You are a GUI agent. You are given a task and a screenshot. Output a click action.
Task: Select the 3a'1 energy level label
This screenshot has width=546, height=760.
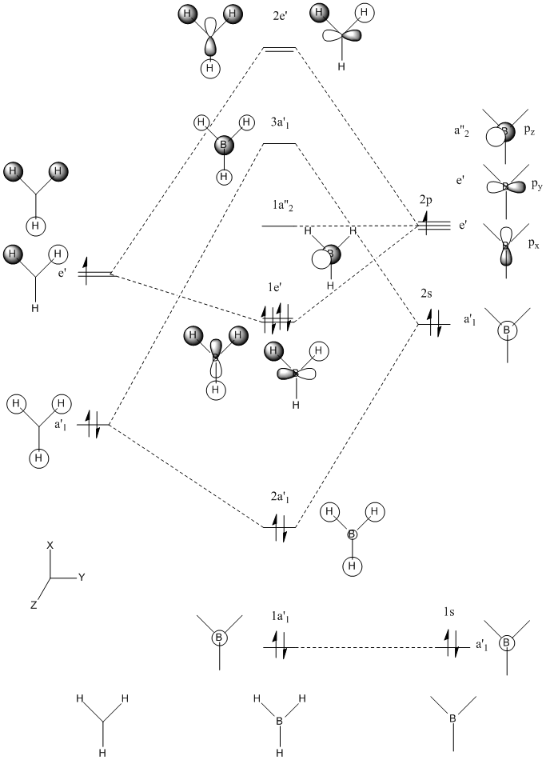click(281, 122)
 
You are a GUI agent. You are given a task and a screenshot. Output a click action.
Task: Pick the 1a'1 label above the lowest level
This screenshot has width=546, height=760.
click(280, 618)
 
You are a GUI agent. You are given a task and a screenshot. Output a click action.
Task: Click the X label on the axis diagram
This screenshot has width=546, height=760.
click(50, 545)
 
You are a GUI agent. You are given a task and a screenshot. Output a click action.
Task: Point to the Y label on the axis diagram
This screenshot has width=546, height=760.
click(82, 576)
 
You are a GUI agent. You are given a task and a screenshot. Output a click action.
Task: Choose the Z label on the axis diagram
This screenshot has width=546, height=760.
click(34, 606)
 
